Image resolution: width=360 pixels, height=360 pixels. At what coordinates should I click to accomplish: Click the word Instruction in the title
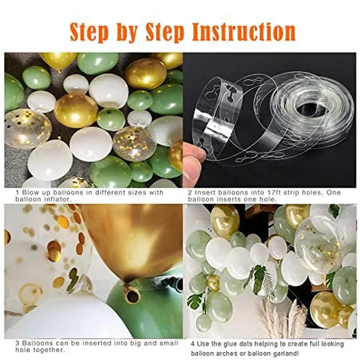point(243,32)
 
